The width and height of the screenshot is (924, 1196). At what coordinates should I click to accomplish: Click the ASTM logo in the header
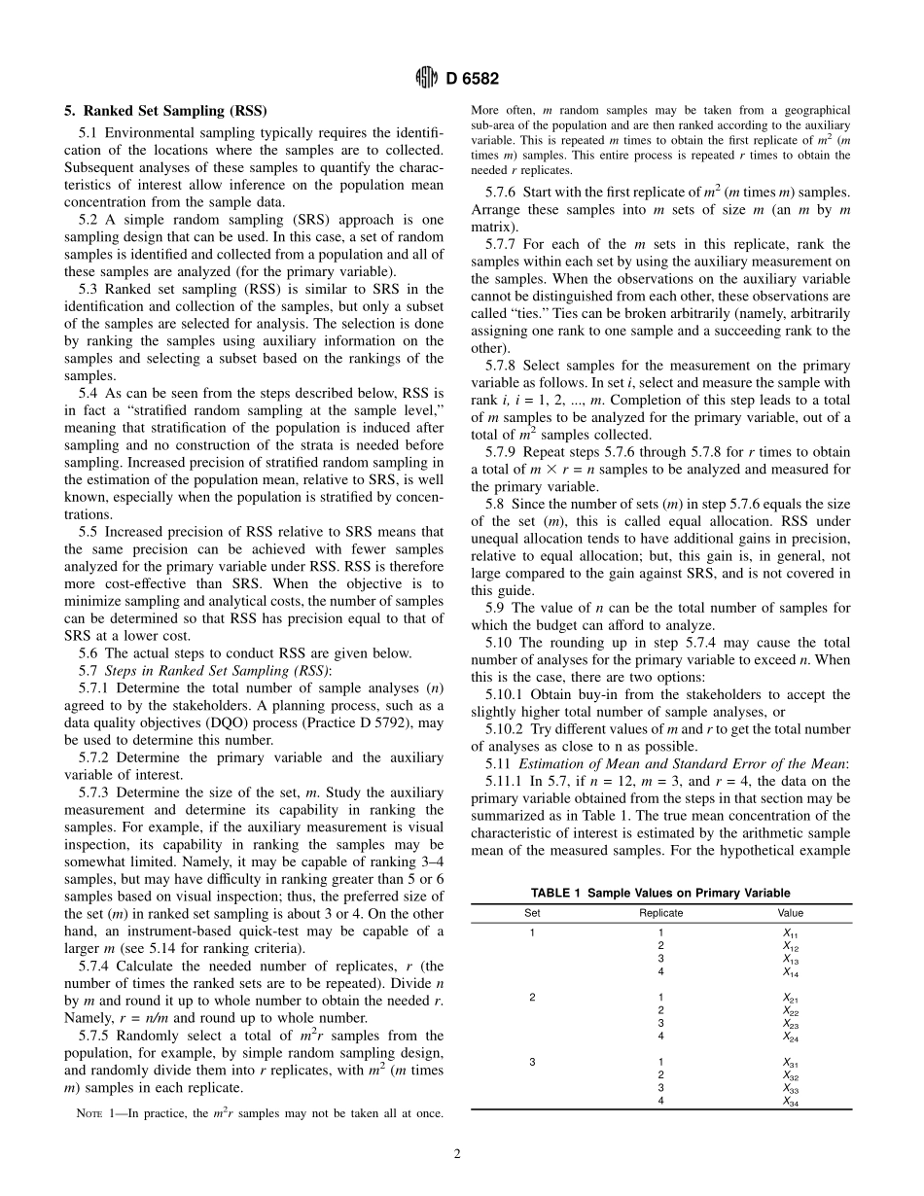(428, 79)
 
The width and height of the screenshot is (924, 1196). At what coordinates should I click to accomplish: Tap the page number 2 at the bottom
(456, 1154)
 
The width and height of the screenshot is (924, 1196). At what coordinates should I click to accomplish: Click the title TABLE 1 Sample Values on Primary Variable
(659, 893)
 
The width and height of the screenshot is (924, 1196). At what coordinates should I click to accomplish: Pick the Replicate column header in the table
(660, 913)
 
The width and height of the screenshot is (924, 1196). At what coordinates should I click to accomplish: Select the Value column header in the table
(790, 913)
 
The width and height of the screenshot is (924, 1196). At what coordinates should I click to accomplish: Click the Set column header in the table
(532, 913)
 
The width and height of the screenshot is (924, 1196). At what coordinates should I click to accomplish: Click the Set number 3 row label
(532, 1062)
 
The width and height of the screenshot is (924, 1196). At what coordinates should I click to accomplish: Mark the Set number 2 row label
(532, 998)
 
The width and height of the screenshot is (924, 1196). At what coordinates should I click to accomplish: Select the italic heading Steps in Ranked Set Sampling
(218, 670)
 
